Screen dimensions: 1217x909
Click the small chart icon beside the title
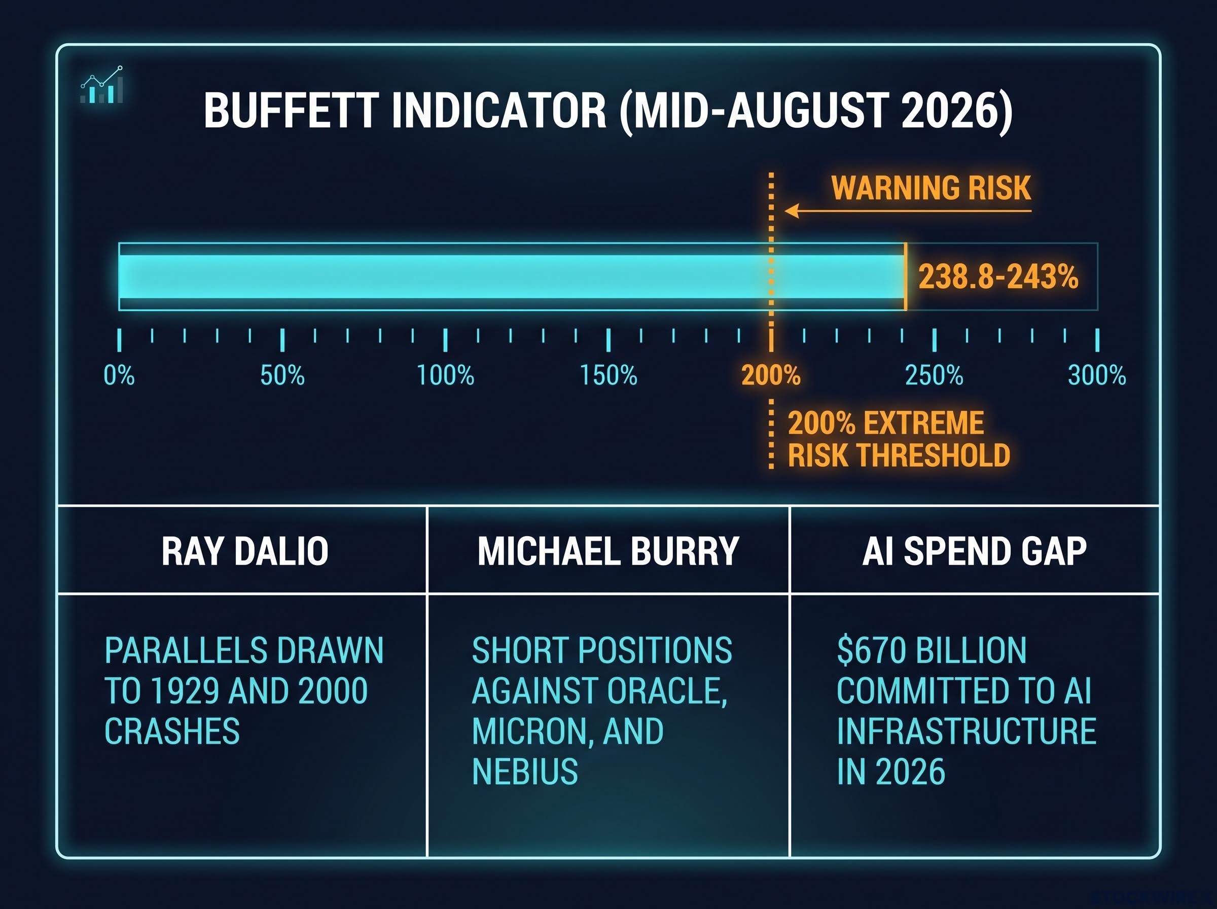click(x=102, y=85)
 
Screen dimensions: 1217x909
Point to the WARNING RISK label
click(x=931, y=188)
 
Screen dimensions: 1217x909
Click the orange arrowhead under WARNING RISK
click(x=792, y=211)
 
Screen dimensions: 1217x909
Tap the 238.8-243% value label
click(x=998, y=276)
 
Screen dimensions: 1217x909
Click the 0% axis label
click(x=119, y=376)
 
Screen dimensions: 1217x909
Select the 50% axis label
click(x=282, y=376)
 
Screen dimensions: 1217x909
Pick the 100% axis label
click(x=445, y=376)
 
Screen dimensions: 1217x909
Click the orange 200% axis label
click(x=771, y=376)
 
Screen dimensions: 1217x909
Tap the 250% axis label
click(x=935, y=376)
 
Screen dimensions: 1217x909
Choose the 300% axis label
click(x=1097, y=376)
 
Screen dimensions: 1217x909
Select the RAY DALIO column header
click(x=245, y=551)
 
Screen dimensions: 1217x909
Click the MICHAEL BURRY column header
click(x=608, y=551)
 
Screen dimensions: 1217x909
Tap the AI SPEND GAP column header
click(x=975, y=551)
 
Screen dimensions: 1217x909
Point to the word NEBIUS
click(x=525, y=772)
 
